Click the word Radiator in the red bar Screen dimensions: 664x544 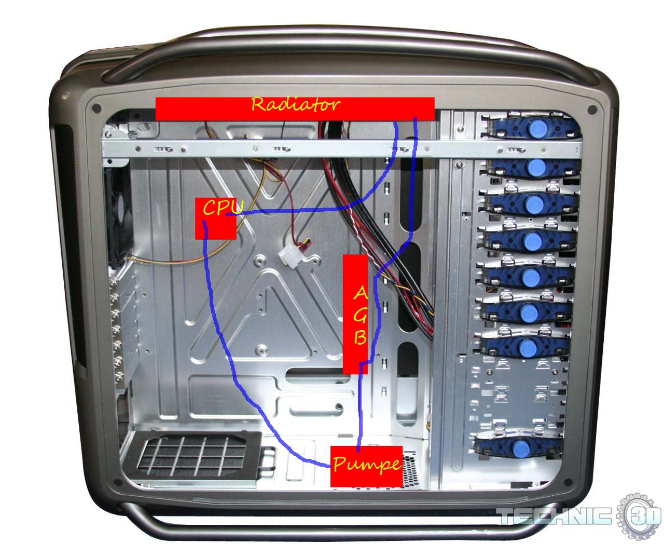[x=295, y=104]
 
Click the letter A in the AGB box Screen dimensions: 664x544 [x=360, y=293]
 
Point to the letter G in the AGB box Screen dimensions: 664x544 [x=360, y=315]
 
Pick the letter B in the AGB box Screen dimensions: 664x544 [x=360, y=337]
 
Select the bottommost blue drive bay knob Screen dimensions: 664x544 [x=521, y=448]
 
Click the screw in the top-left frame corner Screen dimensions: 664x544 [x=96, y=109]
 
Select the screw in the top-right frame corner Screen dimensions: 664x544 [x=592, y=110]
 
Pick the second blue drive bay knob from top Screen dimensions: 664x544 [x=535, y=167]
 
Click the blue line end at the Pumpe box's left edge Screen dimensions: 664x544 [x=330, y=466]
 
